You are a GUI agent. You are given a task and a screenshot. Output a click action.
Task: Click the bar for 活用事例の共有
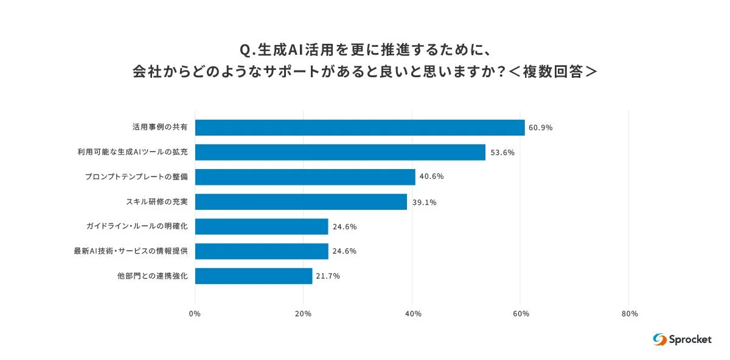click(x=360, y=128)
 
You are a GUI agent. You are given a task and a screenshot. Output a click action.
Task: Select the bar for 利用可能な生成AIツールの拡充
click(x=340, y=153)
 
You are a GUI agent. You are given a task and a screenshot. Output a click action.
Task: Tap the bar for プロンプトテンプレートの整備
click(x=305, y=177)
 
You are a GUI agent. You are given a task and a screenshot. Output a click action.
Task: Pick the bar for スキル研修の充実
click(x=301, y=202)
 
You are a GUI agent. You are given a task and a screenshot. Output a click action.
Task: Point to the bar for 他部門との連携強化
click(x=254, y=276)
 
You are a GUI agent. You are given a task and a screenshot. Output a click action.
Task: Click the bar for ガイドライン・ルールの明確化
click(x=262, y=227)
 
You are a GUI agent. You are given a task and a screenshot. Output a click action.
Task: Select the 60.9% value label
click(x=540, y=128)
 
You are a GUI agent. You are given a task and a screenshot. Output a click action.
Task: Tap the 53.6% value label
click(x=502, y=153)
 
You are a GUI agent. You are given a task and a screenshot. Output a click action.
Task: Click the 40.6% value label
click(x=431, y=177)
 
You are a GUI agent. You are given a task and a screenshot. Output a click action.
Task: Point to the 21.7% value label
click(x=328, y=276)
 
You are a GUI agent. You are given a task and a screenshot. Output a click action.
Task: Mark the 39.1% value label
click(x=423, y=202)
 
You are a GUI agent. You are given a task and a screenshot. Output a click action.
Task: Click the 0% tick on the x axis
click(x=195, y=314)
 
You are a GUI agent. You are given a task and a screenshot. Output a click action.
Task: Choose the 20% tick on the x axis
click(x=303, y=314)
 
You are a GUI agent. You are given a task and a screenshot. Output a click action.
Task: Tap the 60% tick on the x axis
click(x=521, y=314)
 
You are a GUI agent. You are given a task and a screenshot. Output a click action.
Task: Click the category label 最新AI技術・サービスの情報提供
click(x=131, y=251)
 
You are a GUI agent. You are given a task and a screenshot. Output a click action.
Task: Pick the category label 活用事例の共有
click(x=160, y=128)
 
